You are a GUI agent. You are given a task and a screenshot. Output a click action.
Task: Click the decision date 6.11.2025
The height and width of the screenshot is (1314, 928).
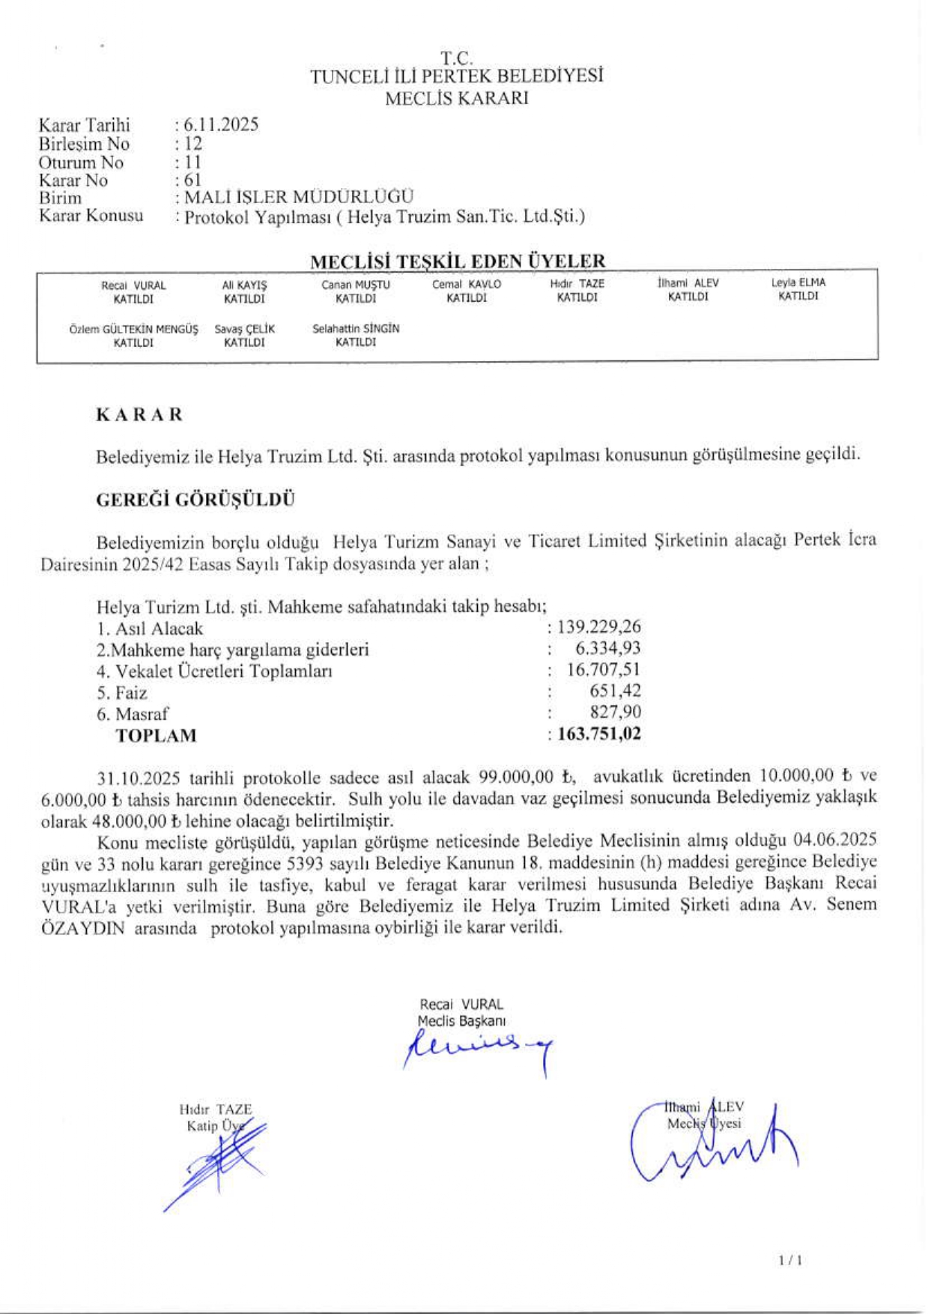221,125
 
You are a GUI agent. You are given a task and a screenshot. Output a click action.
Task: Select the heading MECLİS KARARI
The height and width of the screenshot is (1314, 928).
456,98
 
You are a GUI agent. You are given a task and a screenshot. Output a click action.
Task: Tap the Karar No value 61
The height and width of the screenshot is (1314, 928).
192,181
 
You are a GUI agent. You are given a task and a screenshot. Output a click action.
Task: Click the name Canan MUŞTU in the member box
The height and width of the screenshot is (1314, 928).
356,285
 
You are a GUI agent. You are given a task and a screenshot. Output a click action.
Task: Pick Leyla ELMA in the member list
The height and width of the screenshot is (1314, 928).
798,282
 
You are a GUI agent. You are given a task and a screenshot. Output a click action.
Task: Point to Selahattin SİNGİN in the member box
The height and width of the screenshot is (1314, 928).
356,328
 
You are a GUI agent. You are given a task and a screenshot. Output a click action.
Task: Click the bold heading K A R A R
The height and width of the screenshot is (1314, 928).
139,415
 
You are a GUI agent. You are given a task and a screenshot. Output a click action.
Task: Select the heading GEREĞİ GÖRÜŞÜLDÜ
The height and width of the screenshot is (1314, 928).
195,500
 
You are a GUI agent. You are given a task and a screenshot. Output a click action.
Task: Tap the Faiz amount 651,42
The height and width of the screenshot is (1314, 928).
615,691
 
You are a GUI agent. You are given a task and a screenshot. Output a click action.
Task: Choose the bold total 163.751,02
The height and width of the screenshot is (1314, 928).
599,733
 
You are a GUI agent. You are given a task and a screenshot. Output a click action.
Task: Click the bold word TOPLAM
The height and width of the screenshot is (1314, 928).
156,736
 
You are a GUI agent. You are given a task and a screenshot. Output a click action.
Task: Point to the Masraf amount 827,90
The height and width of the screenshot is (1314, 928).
615,712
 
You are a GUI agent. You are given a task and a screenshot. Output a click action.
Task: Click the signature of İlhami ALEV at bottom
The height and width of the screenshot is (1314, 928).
712,1146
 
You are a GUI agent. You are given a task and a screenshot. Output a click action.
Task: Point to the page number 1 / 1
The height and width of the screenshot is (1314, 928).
790,1261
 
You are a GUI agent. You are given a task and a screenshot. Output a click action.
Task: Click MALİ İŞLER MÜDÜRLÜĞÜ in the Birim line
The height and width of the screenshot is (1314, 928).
299,198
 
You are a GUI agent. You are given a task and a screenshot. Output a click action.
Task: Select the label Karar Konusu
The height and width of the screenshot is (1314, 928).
91,217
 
